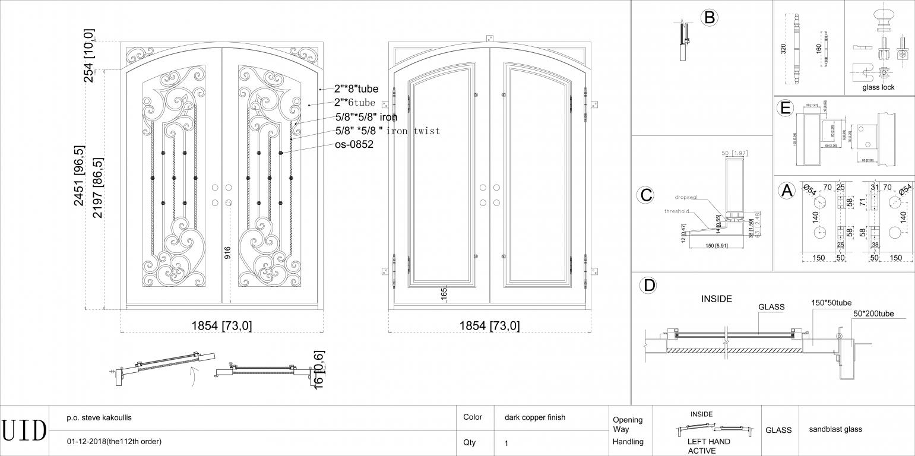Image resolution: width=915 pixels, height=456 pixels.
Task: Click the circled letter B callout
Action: pos(709,17)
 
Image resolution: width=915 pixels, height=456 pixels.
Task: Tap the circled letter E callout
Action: pos(786,108)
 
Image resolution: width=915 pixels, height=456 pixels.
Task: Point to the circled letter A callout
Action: pos(787,191)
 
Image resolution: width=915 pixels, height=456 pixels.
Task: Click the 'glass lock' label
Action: pos(878,87)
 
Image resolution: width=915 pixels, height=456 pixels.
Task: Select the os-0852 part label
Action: pos(354,144)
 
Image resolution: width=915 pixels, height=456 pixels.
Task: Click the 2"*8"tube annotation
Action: pos(356,89)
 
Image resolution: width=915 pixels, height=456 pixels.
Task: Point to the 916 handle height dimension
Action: pos(227,254)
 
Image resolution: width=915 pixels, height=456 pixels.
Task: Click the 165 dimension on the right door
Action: pos(444,293)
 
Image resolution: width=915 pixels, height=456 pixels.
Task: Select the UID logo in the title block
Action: pos(24,430)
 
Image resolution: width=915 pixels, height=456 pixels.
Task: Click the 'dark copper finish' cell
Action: pos(534,417)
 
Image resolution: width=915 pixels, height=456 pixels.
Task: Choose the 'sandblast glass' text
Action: pos(835,429)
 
